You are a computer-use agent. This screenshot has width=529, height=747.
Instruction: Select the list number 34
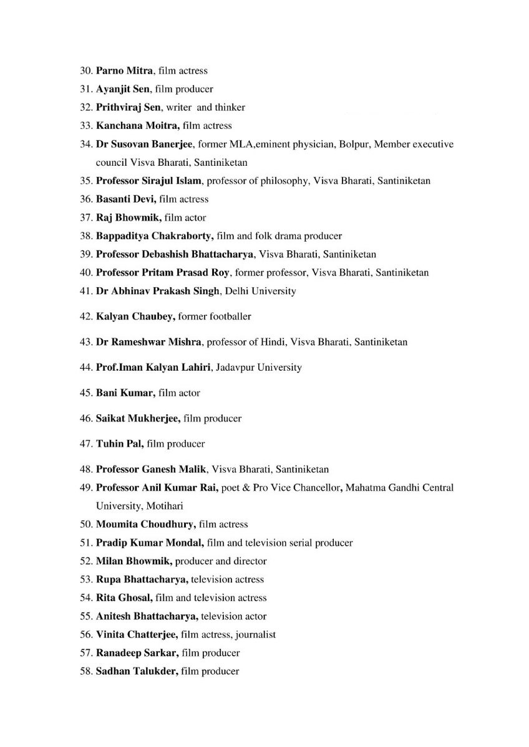85,144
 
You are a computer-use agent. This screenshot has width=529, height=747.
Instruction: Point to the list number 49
85,487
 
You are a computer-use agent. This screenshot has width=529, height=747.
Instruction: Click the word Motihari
164,506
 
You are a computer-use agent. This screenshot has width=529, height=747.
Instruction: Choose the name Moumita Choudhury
147,525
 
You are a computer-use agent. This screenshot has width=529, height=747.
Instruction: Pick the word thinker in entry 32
230,107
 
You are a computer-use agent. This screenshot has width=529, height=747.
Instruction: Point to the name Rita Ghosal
124,598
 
